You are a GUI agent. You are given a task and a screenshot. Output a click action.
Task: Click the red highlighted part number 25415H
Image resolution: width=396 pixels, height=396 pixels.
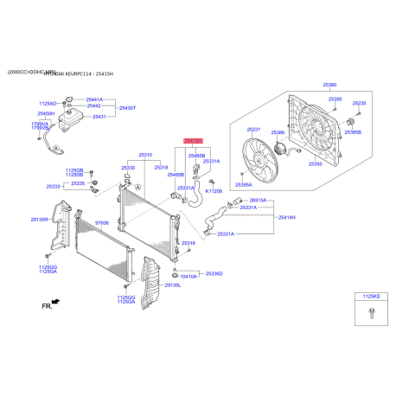click(x=191, y=139)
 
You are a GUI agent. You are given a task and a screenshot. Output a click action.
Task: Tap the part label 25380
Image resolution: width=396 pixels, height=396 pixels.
click(x=329, y=86)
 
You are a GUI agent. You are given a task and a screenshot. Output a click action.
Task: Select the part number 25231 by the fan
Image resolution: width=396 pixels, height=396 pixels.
click(x=253, y=130)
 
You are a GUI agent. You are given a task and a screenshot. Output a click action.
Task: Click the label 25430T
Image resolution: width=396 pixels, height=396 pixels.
click(x=127, y=108)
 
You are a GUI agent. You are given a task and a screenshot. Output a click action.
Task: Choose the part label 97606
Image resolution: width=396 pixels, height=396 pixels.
click(x=102, y=223)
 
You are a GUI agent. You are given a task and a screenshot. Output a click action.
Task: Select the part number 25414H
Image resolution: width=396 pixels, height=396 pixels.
click(x=287, y=217)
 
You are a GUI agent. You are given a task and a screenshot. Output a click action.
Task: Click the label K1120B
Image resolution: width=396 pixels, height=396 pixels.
click(x=214, y=191)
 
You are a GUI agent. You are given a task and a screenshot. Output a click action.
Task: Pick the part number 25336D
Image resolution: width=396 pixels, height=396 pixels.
click(x=214, y=273)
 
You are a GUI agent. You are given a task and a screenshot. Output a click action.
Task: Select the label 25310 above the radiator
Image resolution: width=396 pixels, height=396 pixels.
click(x=145, y=155)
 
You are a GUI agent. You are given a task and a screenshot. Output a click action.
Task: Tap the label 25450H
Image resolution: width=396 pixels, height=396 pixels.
click(x=46, y=113)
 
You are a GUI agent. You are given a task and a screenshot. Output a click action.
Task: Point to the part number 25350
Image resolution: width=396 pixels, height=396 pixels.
click(x=316, y=163)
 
